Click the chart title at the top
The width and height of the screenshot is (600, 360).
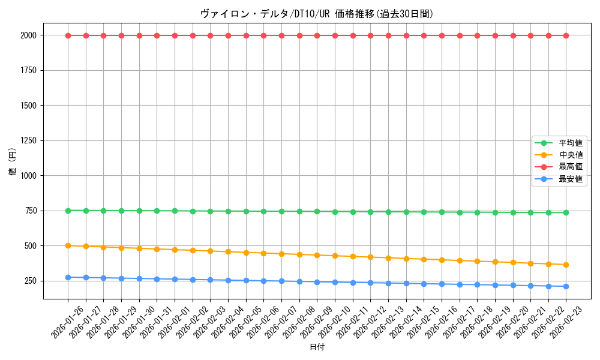[x=317, y=14]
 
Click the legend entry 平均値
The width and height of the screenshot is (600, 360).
[x=571, y=143]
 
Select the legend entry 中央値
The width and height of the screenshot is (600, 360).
[x=571, y=155]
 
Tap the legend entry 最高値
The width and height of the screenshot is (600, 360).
[x=571, y=167]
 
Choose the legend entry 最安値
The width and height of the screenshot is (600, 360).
[x=571, y=179]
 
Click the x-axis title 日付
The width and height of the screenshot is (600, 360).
[x=317, y=347]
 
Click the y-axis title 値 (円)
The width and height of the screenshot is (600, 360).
[x=13, y=162]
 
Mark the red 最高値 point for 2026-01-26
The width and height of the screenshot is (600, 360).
[x=68, y=35]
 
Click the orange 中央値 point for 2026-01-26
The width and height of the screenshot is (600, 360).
[x=68, y=245]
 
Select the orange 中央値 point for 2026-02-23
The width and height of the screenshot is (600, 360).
[x=566, y=265]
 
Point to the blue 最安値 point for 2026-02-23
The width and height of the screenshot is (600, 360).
[x=566, y=286]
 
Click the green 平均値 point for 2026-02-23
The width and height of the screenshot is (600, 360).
[x=566, y=212]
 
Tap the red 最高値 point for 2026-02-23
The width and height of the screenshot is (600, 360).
[x=566, y=35]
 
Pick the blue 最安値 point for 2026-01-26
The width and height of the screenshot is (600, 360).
[x=68, y=277]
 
